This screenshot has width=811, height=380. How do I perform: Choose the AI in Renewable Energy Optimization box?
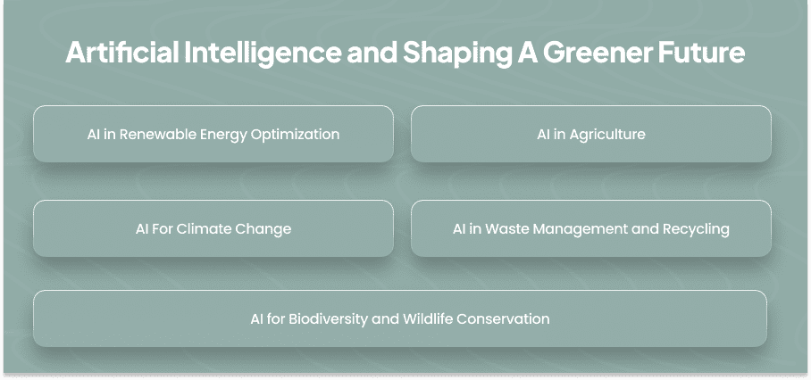pyautogui.click(x=213, y=134)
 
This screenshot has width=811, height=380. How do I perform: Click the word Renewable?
pyautogui.click(x=158, y=134)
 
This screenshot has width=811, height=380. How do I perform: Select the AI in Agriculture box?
pyautogui.click(x=591, y=134)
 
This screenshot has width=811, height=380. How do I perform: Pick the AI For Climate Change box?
pyautogui.click(x=213, y=228)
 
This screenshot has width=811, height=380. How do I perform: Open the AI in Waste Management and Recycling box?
pyautogui.click(x=591, y=228)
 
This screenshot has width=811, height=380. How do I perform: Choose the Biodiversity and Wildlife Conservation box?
pyautogui.click(x=400, y=318)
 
